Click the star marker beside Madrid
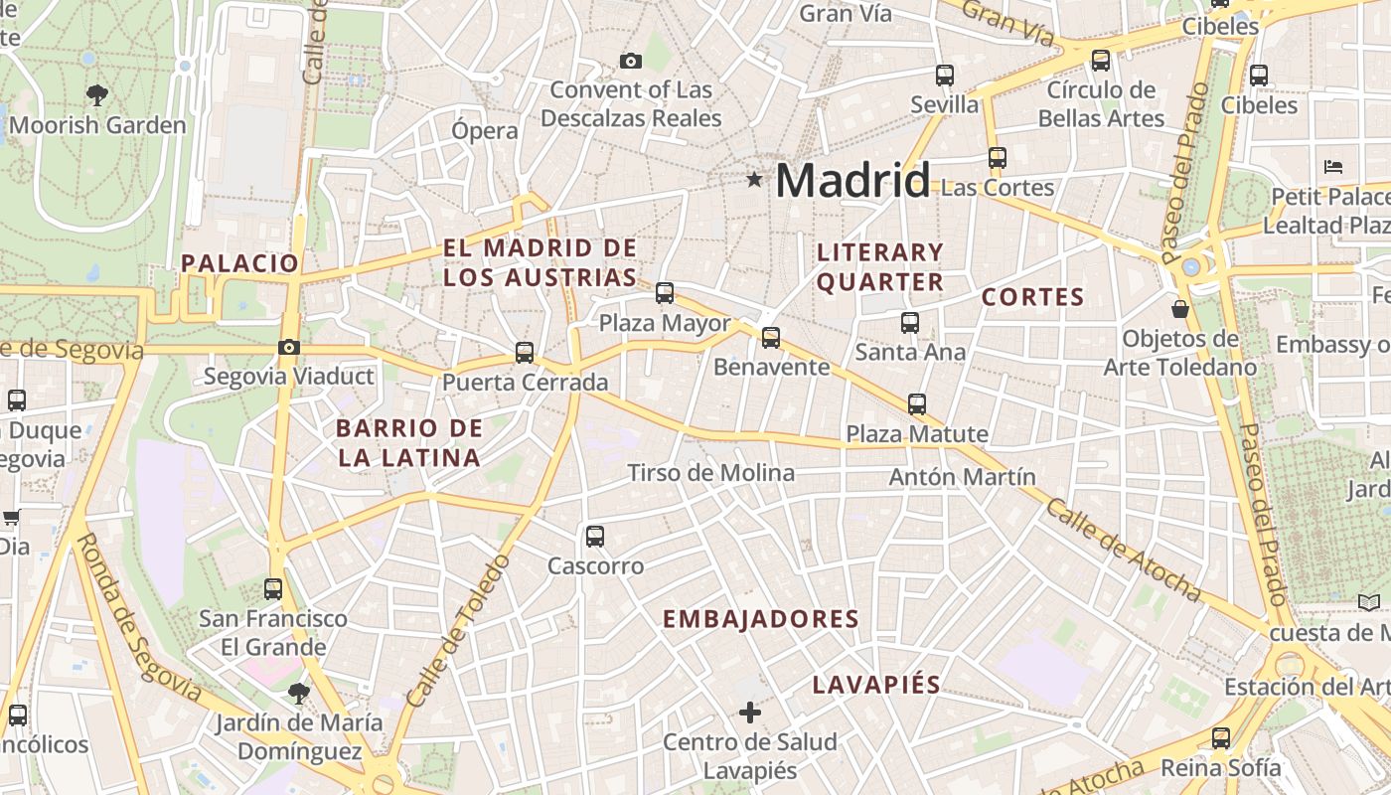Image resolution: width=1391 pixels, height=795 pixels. pos(755,180)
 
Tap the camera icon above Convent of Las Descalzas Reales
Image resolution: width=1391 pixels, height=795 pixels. pos(630,62)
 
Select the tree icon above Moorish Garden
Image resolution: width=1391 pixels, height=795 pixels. pos(97,95)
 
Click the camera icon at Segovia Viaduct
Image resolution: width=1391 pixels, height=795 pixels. pos(289,347)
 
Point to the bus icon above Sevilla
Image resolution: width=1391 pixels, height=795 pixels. pos(944,76)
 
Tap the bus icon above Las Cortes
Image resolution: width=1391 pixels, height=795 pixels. pos(997,158)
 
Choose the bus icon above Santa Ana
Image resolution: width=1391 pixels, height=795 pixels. pos(909,322)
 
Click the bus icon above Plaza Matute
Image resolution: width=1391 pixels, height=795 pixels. pos(916,404)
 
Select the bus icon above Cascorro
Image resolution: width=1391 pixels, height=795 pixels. pos(595,537)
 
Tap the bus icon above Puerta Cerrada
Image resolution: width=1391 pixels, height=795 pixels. pos(525,353)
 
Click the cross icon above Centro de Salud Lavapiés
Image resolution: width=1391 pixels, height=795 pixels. pos(750,713)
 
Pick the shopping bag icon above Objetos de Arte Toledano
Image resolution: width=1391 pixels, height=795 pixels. pos(1180,309)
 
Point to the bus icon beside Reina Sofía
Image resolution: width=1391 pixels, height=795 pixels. pos(1221,738)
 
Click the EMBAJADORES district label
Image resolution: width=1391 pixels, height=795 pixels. pos(760,619)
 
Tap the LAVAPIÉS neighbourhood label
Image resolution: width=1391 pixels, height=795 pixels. pos(876,685)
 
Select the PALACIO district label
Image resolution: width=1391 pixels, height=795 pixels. pos(239,263)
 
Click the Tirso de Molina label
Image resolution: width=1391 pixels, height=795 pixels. pos(711,473)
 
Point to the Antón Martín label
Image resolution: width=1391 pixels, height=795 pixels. pos(962,477)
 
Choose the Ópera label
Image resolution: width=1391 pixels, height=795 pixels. pos(485,131)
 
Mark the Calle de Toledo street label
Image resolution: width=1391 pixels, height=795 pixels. pos(458,633)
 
